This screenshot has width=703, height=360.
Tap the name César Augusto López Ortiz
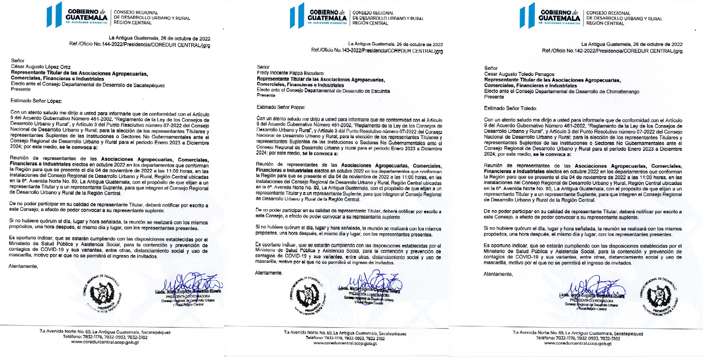point(41,67)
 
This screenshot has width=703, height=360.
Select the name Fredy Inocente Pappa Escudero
point(290,73)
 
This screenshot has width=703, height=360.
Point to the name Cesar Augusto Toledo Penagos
point(519,74)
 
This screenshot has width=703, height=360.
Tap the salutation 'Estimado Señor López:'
point(36,101)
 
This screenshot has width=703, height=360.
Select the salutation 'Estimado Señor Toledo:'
point(510,108)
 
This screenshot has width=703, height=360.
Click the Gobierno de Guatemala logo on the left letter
point(77,15)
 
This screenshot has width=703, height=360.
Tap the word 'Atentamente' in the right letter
point(498,274)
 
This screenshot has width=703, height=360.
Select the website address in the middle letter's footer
point(345,343)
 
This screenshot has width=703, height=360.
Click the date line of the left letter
point(159,38)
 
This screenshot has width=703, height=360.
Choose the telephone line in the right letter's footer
point(578,339)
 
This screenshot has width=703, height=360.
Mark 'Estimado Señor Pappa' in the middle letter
point(280,107)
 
